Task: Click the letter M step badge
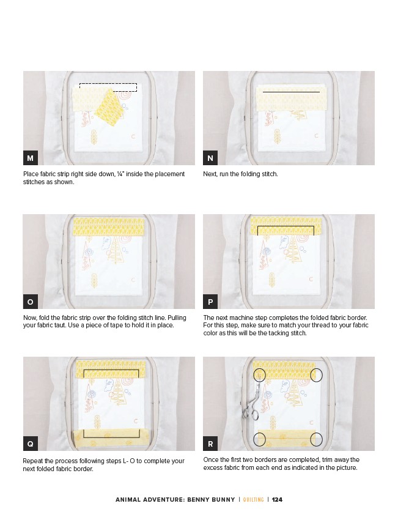click(31, 158)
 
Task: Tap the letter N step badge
click(210, 158)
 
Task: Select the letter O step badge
click(31, 302)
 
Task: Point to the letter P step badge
click(210, 302)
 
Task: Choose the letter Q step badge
click(31, 444)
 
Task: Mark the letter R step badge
click(210, 444)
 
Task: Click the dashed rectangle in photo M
click(108, 83)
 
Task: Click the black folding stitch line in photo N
click(291, 92)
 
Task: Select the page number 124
click(277, 499)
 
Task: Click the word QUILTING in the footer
click(253, 499)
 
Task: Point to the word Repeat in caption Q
click(32, 461)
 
